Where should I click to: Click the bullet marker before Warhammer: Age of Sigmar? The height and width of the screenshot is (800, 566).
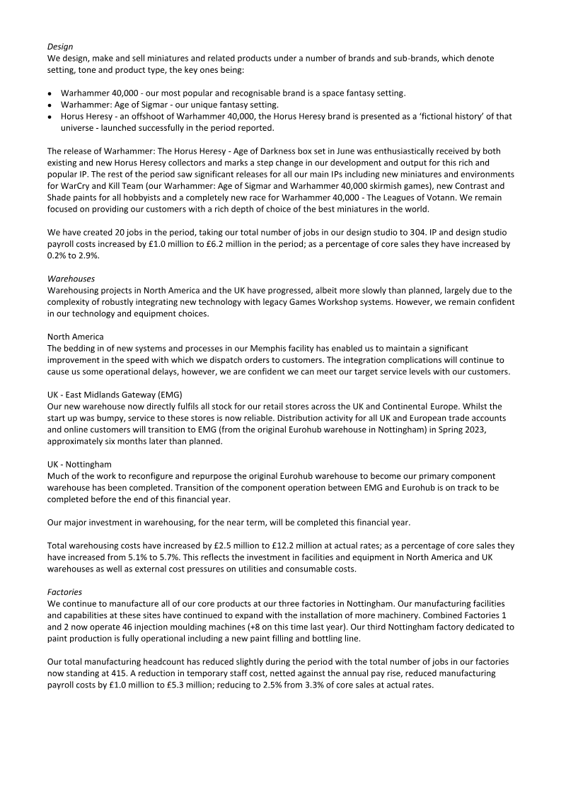pyautogui.click(x=50, y=105)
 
